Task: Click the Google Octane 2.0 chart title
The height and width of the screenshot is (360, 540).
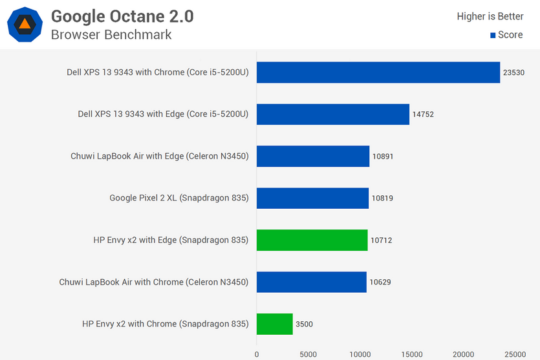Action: point(122,16)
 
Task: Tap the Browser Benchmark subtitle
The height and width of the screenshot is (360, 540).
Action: point(111,35)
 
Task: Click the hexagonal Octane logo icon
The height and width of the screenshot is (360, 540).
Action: point(25,25)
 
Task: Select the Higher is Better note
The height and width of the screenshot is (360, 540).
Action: point(490,16)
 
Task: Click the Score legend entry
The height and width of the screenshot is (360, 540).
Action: point(506,35)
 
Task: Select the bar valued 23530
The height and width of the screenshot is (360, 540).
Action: point(378,72)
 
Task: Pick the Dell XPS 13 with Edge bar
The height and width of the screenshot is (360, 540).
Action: point(333,114)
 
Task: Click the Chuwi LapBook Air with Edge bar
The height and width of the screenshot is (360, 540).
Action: point(313,156)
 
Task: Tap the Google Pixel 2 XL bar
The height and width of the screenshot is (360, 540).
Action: point(312,198)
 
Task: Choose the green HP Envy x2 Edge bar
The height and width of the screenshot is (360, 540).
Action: point(312,240)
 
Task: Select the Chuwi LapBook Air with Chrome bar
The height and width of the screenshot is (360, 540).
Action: point(311,282)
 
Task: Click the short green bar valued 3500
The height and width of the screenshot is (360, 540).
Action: point(275,324)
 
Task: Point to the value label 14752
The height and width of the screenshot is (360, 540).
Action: point(423,114)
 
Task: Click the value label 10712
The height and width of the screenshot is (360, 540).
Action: point(381,240)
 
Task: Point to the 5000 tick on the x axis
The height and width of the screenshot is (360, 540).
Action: point(308,354)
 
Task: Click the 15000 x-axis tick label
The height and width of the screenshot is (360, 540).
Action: point(412,354)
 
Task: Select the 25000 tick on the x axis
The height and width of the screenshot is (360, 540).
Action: point(515,354)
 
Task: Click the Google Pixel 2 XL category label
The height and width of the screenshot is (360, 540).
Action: point(179,198)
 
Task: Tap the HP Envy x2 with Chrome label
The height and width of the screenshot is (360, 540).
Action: point(166,324)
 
